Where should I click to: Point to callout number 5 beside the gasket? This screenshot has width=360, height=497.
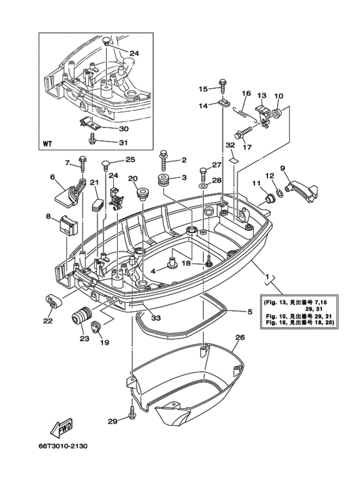pos(249,312)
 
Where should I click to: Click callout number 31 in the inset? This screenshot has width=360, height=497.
pos(123,143)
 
